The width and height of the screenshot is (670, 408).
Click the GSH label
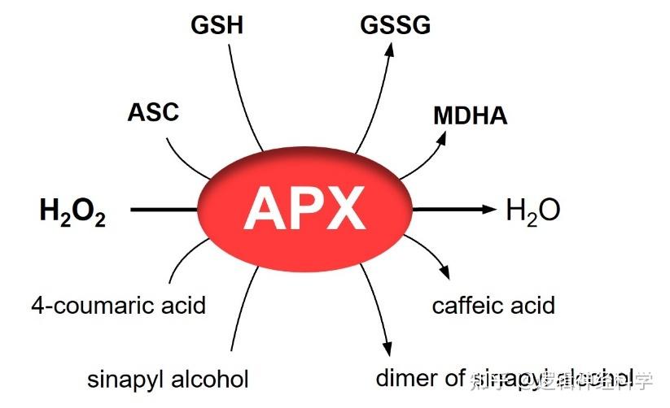point(217,25)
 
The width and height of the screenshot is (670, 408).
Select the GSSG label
point(396,25)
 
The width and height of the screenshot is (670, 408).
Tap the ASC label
point(153,112)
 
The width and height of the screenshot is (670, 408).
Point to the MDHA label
point(470,115)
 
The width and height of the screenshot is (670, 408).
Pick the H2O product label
point(532,211)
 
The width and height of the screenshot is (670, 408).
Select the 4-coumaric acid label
point(119,306)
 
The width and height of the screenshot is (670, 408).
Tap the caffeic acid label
point(493,306)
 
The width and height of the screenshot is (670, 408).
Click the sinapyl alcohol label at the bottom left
point(168,379)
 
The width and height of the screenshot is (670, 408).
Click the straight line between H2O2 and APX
point(163,211)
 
